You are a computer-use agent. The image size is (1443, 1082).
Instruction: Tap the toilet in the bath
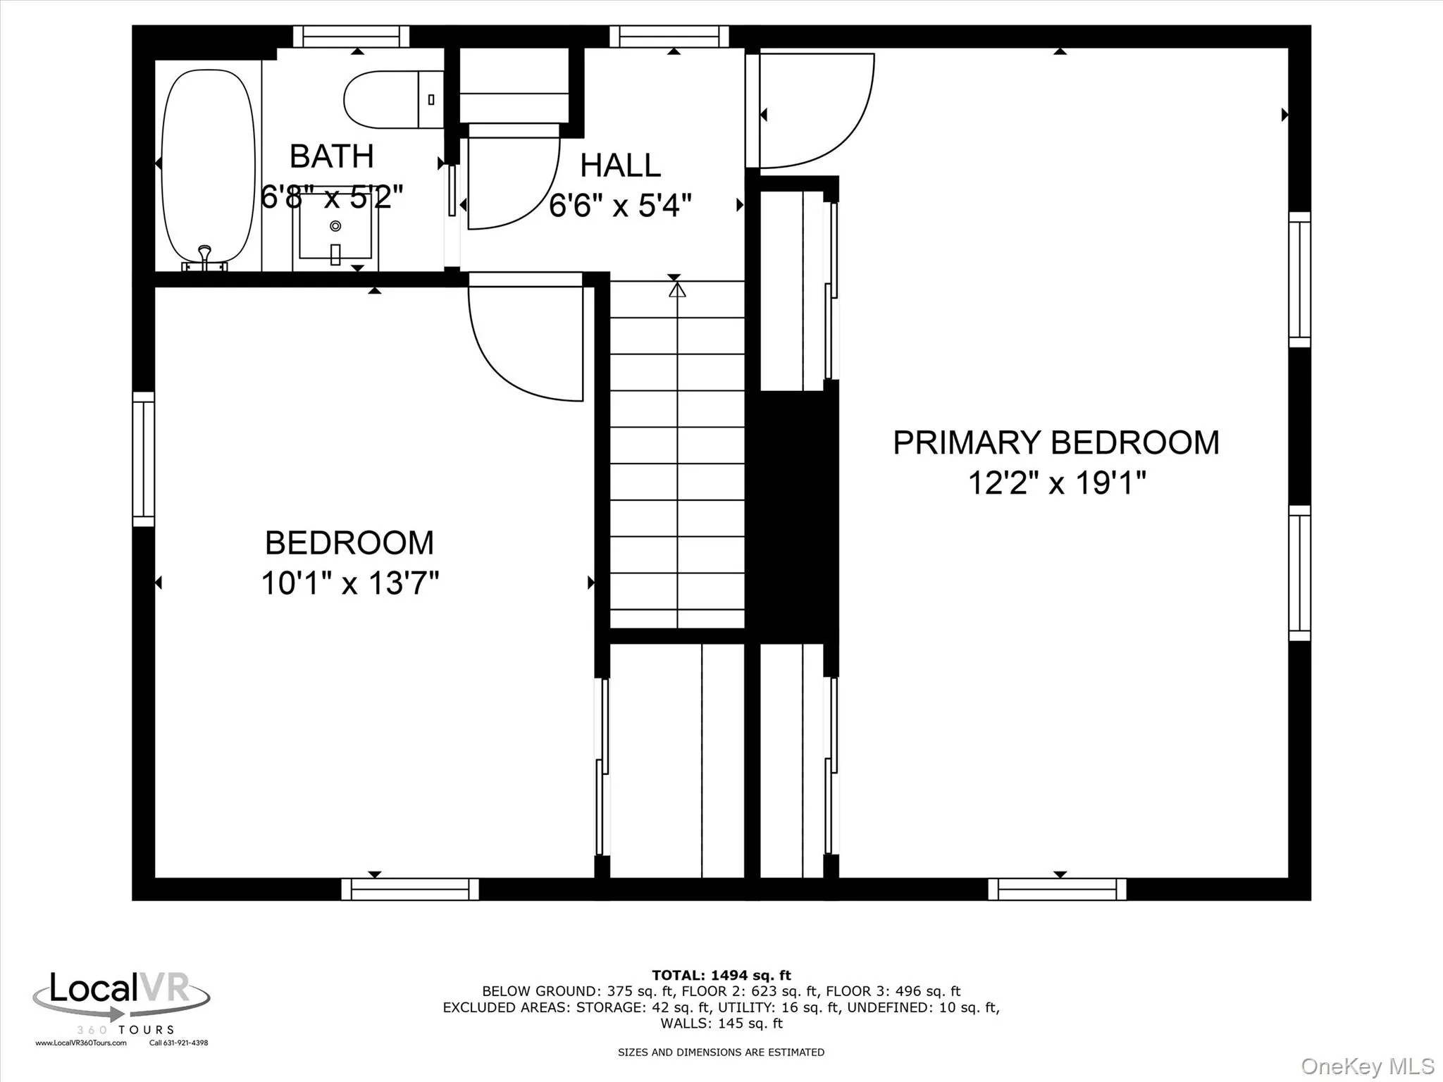384,99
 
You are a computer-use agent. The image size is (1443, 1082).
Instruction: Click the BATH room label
331,156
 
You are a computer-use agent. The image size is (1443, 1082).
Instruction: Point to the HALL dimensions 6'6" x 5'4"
620,206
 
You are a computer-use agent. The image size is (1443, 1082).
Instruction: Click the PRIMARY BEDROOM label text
1055,442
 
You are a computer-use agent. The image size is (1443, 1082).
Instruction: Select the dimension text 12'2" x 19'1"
1055,483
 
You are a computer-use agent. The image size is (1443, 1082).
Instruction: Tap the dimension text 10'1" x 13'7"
349,583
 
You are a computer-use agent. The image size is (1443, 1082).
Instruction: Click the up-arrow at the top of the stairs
676,289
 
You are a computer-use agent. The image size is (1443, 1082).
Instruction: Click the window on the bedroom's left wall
144,459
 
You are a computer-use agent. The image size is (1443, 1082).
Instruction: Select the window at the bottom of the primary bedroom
1057,889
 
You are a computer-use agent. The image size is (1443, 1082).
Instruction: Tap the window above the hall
669,36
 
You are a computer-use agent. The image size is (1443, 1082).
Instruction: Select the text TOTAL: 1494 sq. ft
721,976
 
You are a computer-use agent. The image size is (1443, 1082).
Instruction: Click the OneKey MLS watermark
1367,1066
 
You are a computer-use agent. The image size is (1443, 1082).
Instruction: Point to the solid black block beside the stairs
792,514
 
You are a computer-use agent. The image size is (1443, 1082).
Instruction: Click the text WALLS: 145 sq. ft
721,1024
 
